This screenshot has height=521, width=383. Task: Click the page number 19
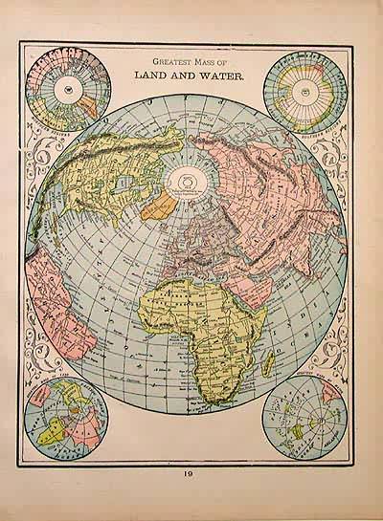pos(192,470)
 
